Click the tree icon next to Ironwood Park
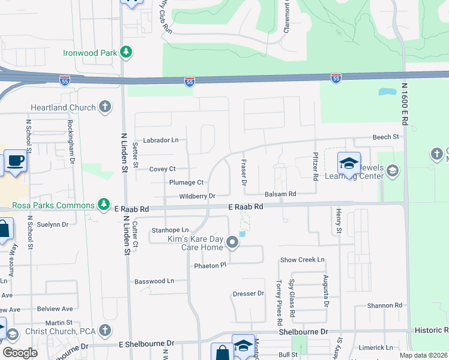click(127, 53)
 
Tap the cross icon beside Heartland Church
click(105, 107)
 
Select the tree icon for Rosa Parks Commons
click(105, 205)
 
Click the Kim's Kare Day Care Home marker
click(232, 243)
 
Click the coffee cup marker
click(15, 161)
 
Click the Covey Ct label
click(163, 169)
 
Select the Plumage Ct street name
click(187, 182)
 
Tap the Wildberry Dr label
click(196, 196)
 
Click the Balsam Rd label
click(281, 194)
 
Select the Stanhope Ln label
click(170, 230)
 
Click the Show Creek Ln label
click(303, 260)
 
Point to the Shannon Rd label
click(380, 305)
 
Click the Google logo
click(20, 353)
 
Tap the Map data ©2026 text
click(423, 355)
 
